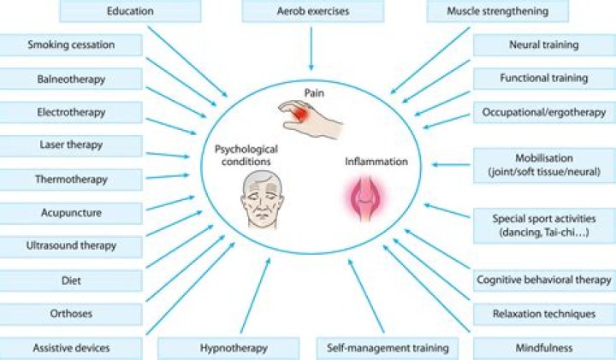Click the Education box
pyautogui.click(x=131, y=12)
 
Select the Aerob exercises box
pyautogui.click(x=311, y=12)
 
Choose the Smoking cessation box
pyautogui.click(x=71, y=45)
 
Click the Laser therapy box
pyautogui.click(x=71, y=145)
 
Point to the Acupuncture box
pyautogui.click(x=71, y=212)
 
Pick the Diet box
pyautogui.click(x=71, y=279)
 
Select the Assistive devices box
pyautogui.click(x=71, y=348)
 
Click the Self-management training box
pyautogui.click(x=388, y=348)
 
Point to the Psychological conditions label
pyautogui.click(x=246, y=156)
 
